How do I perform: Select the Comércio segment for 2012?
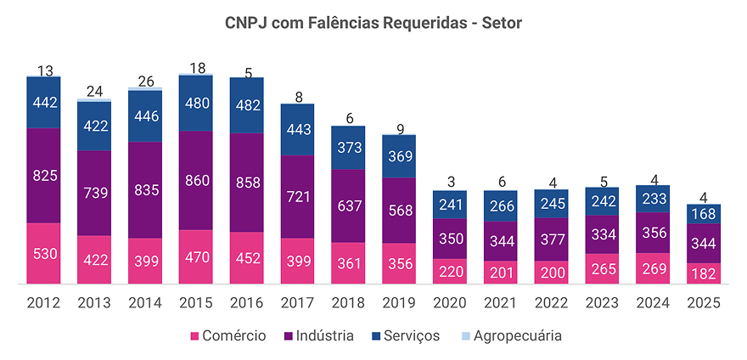tap(43, 253)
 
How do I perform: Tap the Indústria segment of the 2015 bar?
tap(195, 180)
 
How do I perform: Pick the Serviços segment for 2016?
tap(246, 105)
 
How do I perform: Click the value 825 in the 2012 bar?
tap(43, 177)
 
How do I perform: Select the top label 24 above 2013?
tap(94, 92)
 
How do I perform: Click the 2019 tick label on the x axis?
tap(398, 303)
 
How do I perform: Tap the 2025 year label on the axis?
tap(704, 303)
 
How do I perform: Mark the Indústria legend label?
tap(321, 335)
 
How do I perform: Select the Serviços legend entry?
tap(411, 335)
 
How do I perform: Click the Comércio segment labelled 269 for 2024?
tap(653, 268)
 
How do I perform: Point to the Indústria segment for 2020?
tap(449, 239)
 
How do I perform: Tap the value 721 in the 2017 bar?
tap(297, 196)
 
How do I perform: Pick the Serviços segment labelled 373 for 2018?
tap(348, 148)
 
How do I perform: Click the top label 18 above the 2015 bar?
tap(195, 68)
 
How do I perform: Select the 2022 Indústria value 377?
tap(551, 239)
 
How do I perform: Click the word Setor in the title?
tap(501, 23)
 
